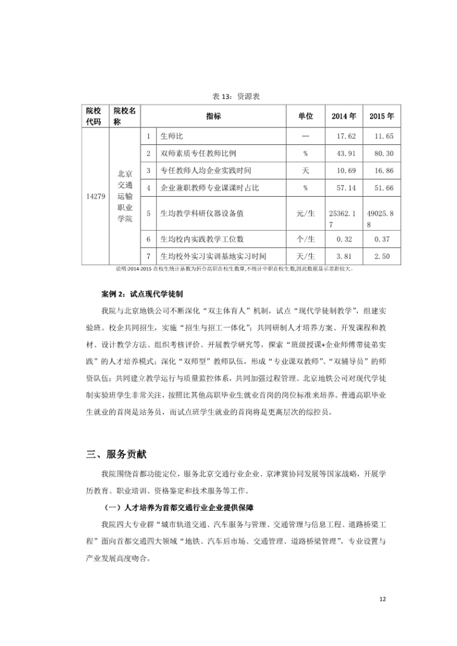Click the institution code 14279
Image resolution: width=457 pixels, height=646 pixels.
(x=97, y=196)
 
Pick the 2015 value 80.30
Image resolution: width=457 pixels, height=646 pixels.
(x=384, y=154)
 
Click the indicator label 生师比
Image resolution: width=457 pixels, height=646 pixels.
(x=172, y=136)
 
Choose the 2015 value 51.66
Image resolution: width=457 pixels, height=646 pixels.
(x=384, y=188)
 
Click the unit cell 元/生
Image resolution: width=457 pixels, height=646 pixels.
(x=305, y=214)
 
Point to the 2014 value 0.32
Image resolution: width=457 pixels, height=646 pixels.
(x=344, y=239)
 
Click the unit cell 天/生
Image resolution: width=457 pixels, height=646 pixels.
(x=305, y=257)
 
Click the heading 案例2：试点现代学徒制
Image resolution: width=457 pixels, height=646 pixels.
(x=140, y=294)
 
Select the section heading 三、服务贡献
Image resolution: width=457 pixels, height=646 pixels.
(x=116, y=454)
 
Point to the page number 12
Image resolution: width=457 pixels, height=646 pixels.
(x=381, y=599)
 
